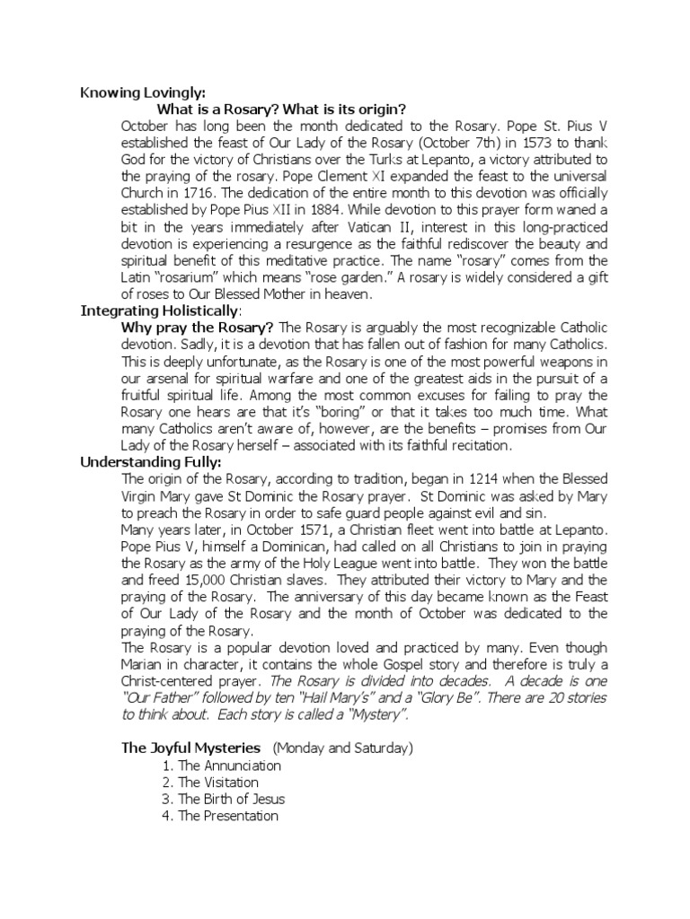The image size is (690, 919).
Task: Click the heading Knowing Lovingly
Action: pyautogui.click(x=144, y=92)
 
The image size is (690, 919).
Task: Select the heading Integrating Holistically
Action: pyautogui.click(x=160, y=311)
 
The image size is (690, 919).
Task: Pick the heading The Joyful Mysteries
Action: pyautogui.click(x=190, y=748)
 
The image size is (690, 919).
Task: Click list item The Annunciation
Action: pyautogui.click(x=230, y=766)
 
